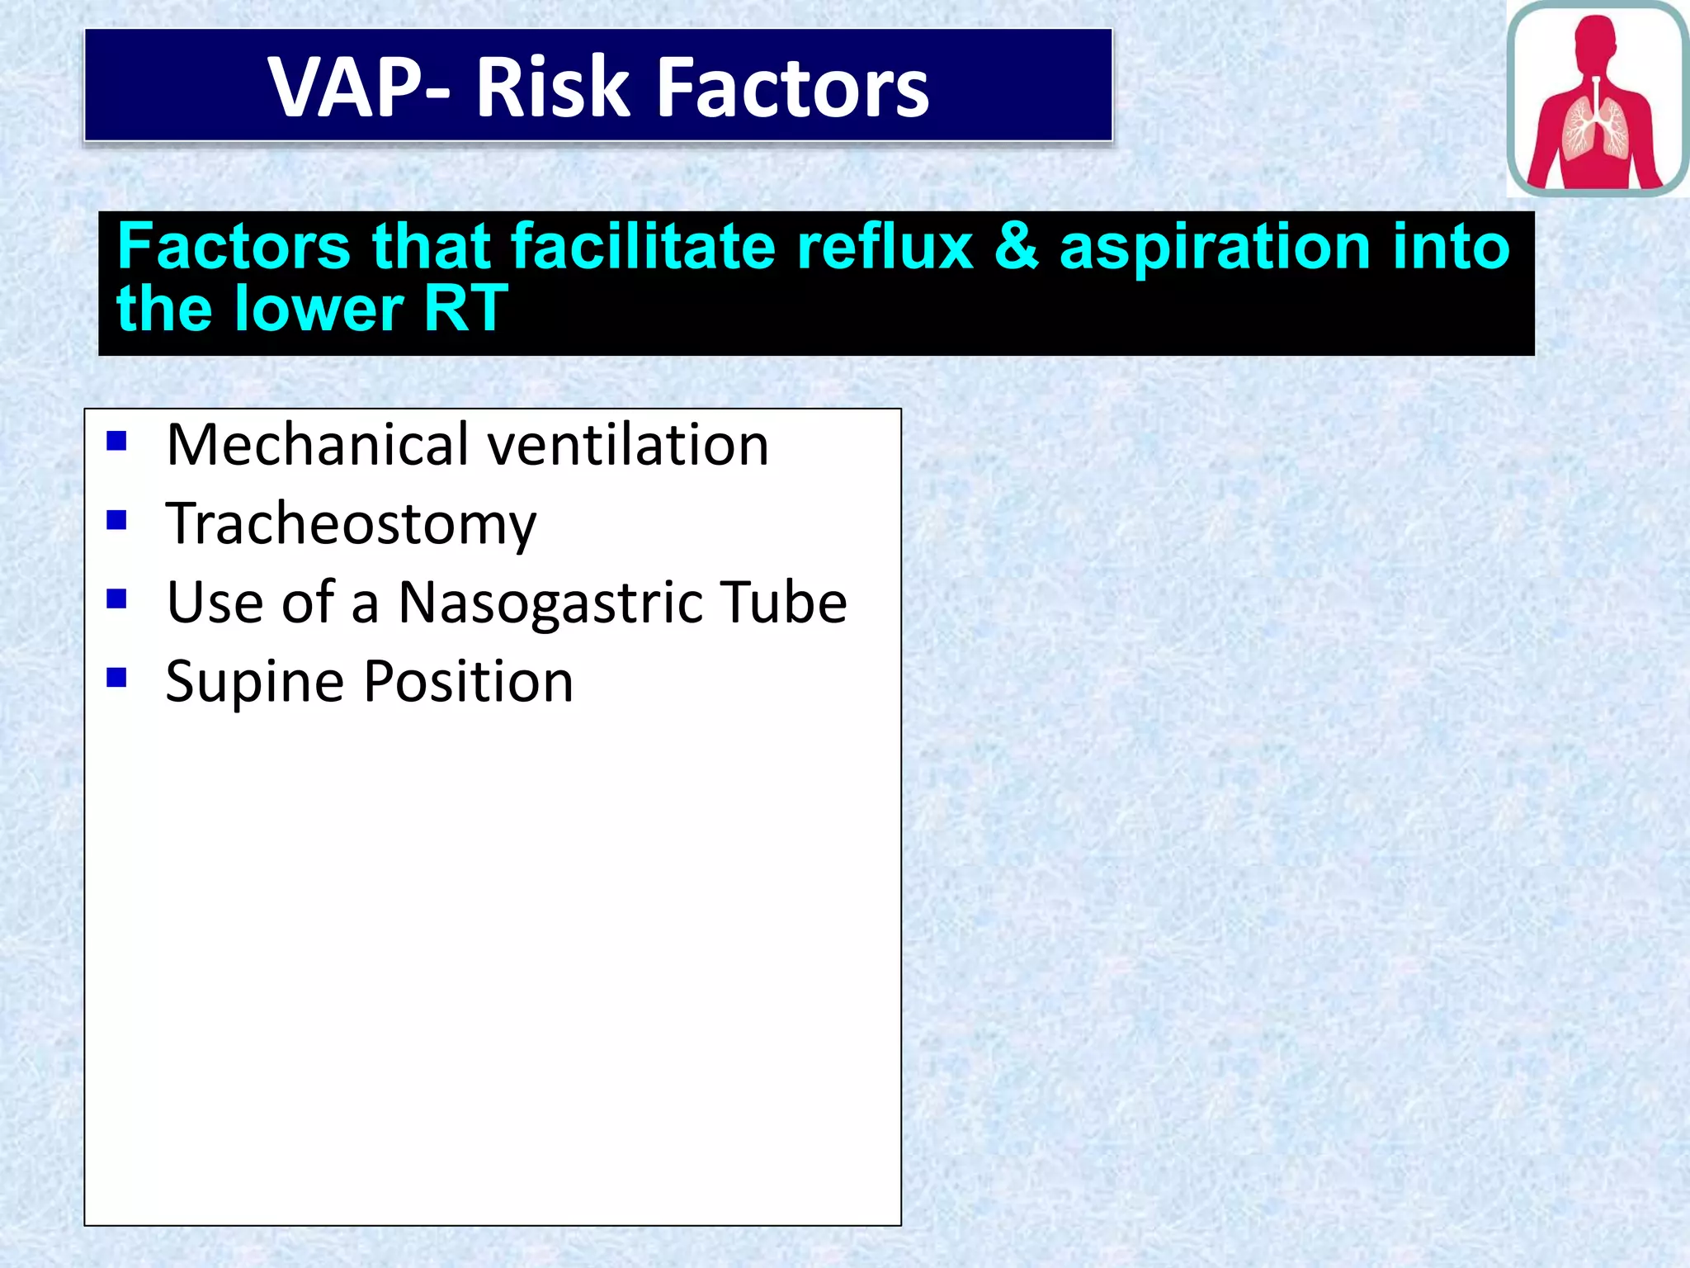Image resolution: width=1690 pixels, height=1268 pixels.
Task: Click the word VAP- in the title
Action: (359, 88)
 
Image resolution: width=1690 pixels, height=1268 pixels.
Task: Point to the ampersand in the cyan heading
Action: (1017, 246)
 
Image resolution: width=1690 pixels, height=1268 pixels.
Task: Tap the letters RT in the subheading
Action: (465, 309)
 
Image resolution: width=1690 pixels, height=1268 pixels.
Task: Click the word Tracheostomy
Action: (351, 523)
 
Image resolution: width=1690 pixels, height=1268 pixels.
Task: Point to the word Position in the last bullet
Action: (468, 682)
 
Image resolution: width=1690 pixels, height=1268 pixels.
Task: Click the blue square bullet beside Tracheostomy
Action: (116, 520)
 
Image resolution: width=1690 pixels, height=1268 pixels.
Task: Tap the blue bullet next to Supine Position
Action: (116, 678)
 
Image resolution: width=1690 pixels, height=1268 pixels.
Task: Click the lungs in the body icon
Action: (1597, 128)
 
